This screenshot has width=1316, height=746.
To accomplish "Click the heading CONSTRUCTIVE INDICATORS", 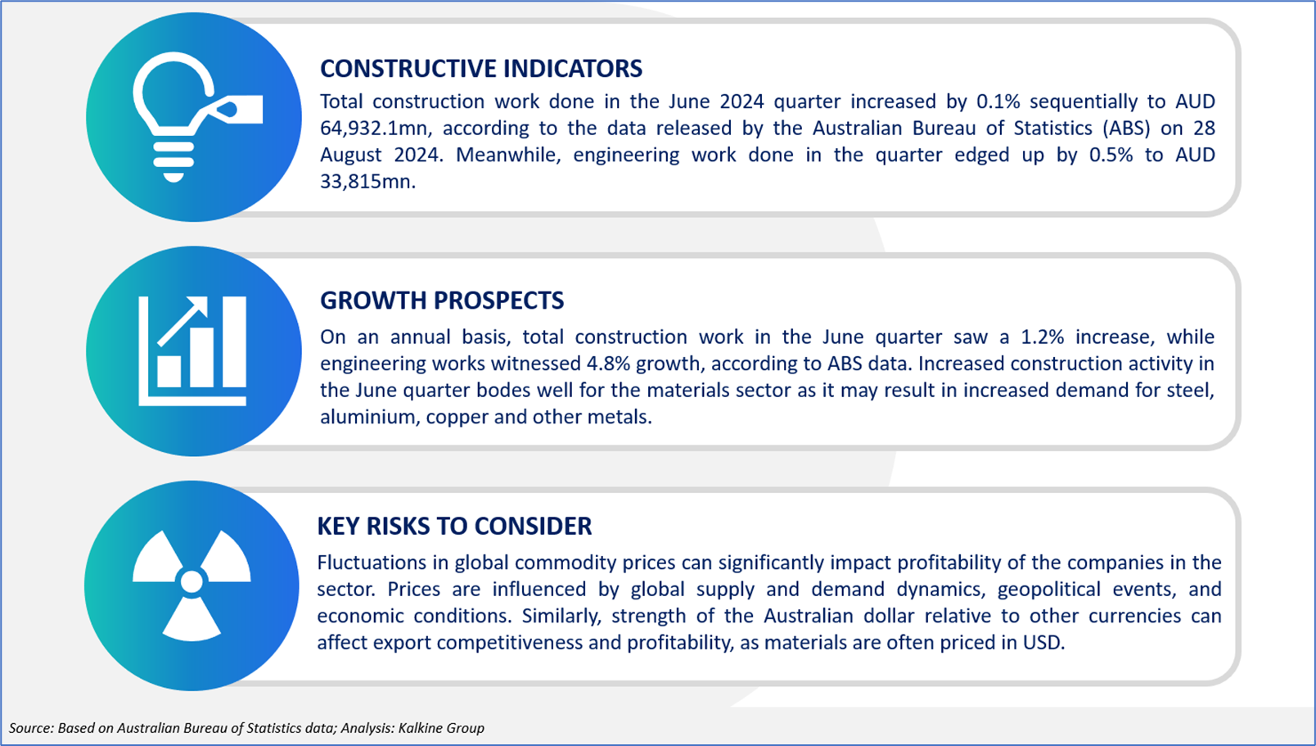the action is tap(481, 69).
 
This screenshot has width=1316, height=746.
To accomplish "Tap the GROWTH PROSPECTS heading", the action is tap(442, 301).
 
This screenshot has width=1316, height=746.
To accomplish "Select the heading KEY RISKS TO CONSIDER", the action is tap(454, 527).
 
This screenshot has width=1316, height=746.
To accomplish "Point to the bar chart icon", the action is tap(192, 351).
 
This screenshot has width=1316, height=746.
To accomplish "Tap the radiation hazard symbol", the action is tap(192, 585).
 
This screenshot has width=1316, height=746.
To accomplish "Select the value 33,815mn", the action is tap(367, 182).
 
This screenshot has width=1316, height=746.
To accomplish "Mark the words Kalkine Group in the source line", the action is tap(441, 728).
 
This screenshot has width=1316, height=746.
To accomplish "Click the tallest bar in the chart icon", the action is tap(234, 341).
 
